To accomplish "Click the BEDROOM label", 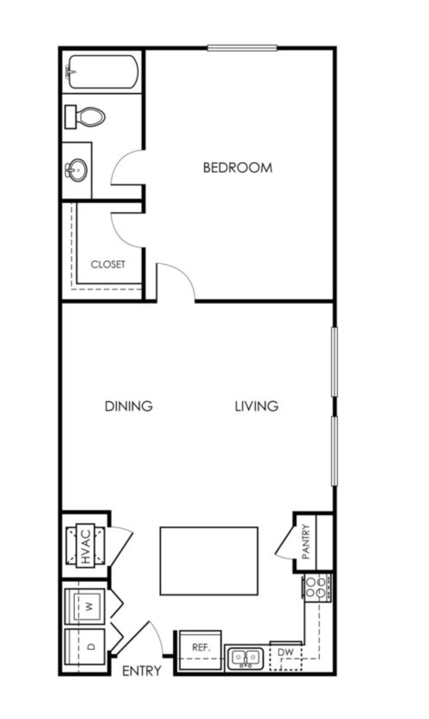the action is [x=238, y=168].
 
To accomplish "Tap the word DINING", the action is [x=129, y=406].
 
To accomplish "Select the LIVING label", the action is [x=257, y=406].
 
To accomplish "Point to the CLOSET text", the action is [x=108, y=265].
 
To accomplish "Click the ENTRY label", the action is [x=142, y=671].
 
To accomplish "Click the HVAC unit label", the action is [x=86, y=546].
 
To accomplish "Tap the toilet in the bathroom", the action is [x=85, y=117].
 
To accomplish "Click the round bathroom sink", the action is [x=77, y=170].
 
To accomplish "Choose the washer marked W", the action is [x=85, y=606].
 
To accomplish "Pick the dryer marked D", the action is [x=85, y=647].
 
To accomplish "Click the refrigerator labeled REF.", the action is [x=200, y=650].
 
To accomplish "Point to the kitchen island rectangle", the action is [x=209, y=561].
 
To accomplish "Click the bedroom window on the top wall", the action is [x=242, y=48].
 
